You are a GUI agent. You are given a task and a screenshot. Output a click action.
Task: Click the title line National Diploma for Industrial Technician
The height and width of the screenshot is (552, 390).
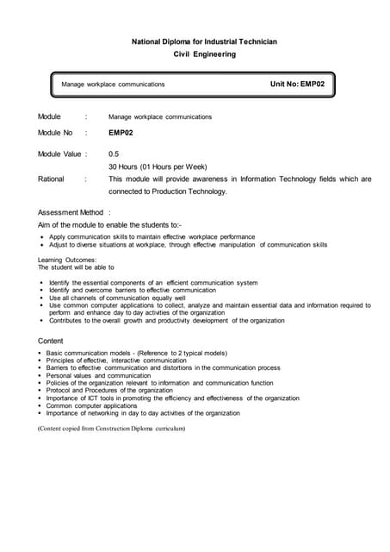click(204, 41)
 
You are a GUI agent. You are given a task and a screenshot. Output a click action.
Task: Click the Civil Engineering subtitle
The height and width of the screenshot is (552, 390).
click(204, 54)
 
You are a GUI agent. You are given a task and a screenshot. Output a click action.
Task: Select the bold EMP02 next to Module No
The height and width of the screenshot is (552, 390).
click(121, 133)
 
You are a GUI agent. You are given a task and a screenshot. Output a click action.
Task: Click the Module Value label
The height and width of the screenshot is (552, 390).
click(62, 154)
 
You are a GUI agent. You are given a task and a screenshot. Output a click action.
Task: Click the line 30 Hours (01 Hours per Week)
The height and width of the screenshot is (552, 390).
click(158, 166)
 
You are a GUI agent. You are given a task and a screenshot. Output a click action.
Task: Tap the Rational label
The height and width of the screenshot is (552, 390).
click(51, 179)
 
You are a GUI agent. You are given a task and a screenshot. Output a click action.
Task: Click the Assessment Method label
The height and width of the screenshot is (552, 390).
click(71, 212)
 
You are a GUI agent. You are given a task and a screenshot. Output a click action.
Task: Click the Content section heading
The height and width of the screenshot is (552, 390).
click(51, 341)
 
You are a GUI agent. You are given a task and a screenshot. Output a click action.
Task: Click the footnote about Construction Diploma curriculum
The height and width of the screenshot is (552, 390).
click(111, 429)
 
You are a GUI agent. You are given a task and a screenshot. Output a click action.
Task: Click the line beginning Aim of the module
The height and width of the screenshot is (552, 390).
click(109, 224)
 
